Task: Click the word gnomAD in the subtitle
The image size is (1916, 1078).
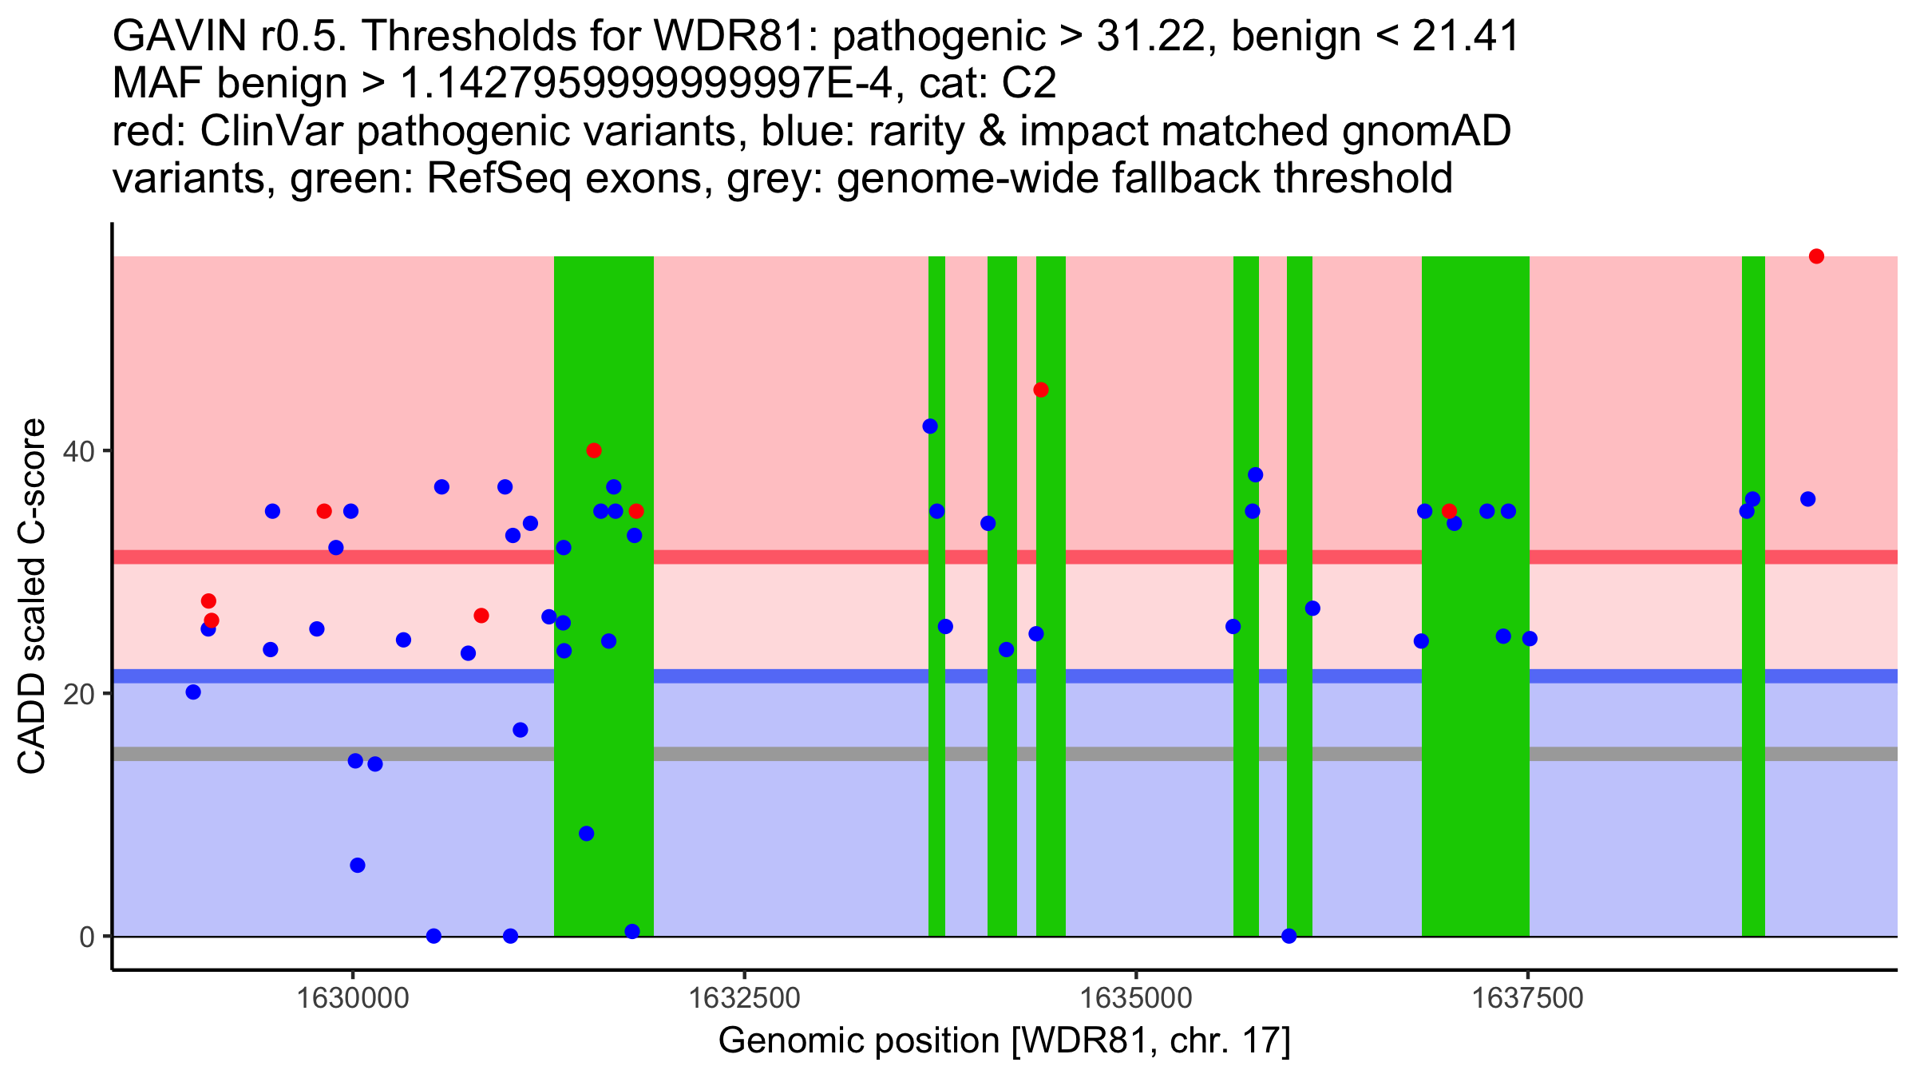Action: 1426,131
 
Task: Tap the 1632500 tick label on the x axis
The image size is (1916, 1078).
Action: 744,998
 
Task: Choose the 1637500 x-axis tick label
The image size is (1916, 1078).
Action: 1527,998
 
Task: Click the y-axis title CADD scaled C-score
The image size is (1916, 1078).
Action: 32,596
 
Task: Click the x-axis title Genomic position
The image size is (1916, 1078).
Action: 858,1041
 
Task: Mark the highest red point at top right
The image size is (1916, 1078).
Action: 1816,256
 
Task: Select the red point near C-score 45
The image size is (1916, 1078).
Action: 1040,390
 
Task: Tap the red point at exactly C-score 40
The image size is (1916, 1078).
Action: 594,450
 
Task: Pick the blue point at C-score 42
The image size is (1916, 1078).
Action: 930,426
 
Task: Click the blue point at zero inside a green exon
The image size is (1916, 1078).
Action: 1289,936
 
